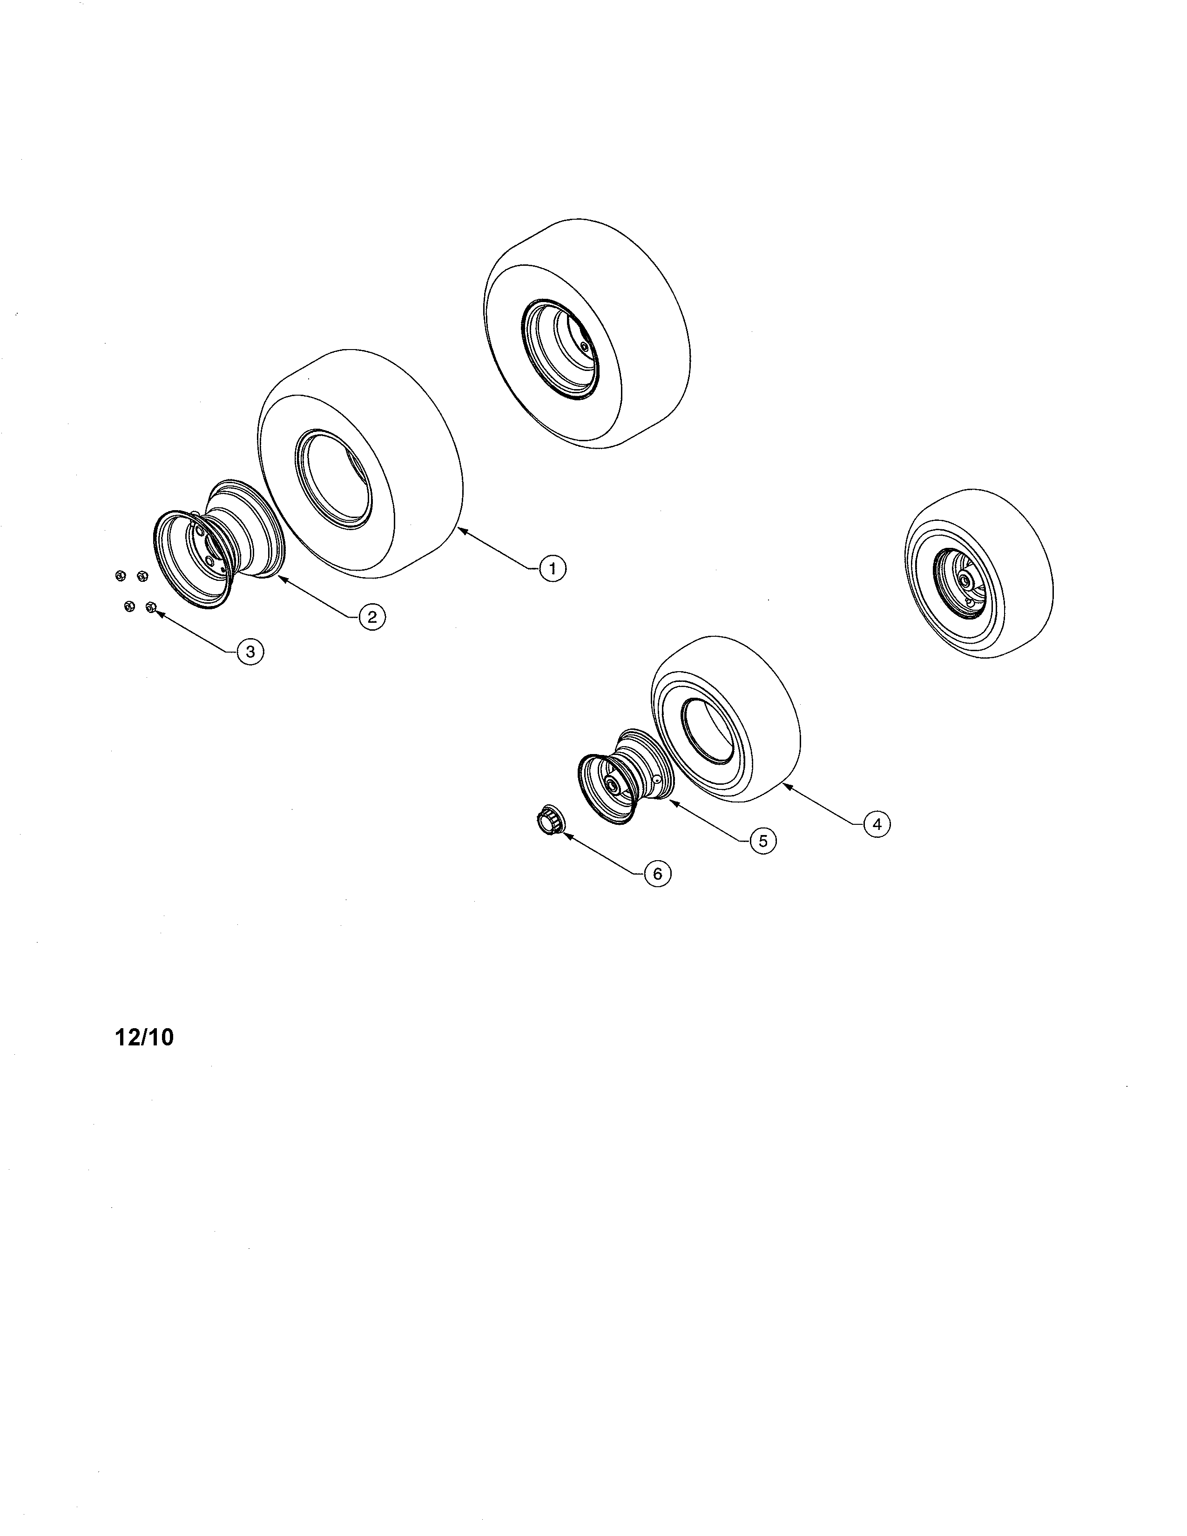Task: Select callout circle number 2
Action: [372, 617]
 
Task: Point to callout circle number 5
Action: [763, 841]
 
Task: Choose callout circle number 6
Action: [657, 874]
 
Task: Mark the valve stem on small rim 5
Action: [655, 779]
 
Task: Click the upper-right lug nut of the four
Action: [142, 576]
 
